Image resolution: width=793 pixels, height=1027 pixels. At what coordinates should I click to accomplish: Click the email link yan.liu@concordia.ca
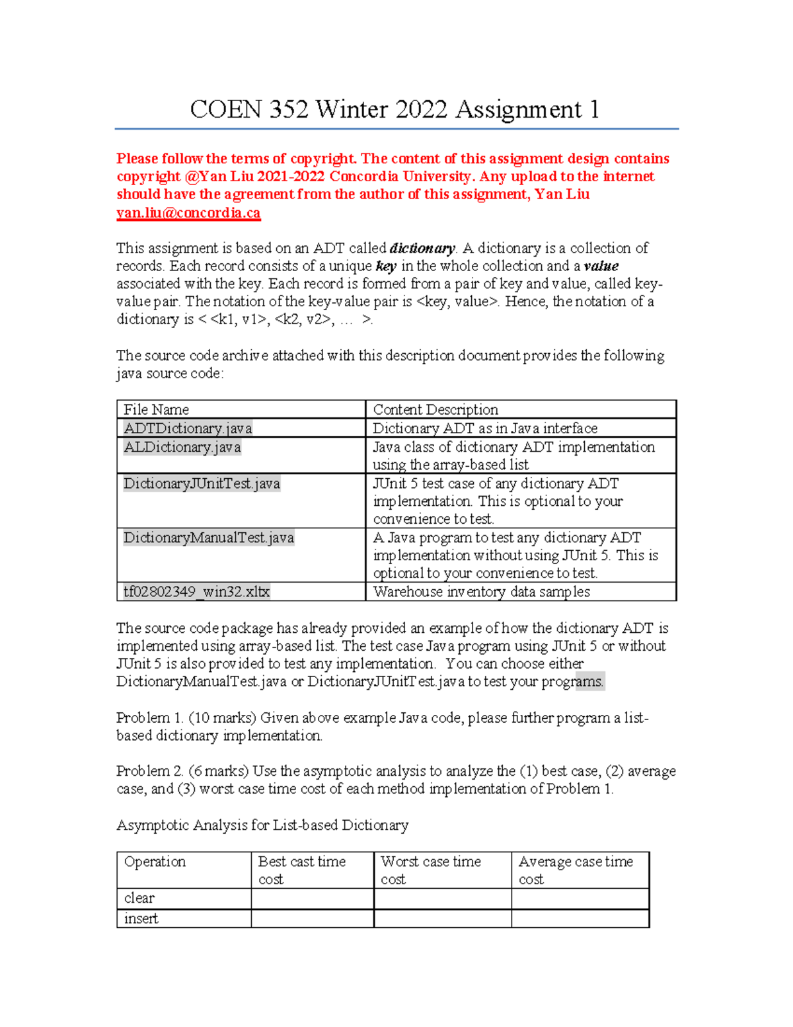[x=188, y=213]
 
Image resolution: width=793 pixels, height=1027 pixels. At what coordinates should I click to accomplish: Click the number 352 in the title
[x=289, y=109]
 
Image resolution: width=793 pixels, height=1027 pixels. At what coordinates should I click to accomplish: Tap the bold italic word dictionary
[x=422, y=249]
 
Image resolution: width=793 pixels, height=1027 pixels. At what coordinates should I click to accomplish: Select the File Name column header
[x=157, y=409]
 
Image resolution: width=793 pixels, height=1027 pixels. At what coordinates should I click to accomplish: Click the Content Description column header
[x=435, y=409]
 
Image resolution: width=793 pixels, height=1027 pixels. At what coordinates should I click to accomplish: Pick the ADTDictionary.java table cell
[x=188, y=429]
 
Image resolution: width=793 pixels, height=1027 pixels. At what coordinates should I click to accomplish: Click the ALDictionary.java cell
[x=182, y=448]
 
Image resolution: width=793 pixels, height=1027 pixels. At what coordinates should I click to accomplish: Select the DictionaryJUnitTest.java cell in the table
[x=202, y=484]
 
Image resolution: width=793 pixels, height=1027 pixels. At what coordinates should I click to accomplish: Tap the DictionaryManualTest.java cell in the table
[x=209, y=538]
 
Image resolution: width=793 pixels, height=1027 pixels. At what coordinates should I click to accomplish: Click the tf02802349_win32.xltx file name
[x=196, y=592]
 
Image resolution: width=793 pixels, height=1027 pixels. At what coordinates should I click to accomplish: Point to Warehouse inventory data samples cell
[x=481, y=592]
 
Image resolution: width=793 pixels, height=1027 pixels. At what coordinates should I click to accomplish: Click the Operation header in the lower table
[x=155, y=862]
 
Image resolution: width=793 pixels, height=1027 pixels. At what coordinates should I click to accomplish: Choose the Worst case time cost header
[x=431, y=870]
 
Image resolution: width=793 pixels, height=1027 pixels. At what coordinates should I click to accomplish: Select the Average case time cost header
[x=575, y=870]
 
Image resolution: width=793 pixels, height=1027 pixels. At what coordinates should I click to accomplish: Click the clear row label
[x=139, y=898]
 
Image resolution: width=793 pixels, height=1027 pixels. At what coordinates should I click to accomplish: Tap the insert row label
[x=141, y=919]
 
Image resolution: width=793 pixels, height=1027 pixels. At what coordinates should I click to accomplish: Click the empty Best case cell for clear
[x=312, y=898]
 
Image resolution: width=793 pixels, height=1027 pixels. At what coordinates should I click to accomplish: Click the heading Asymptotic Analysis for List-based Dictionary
[x=262, y=825]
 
